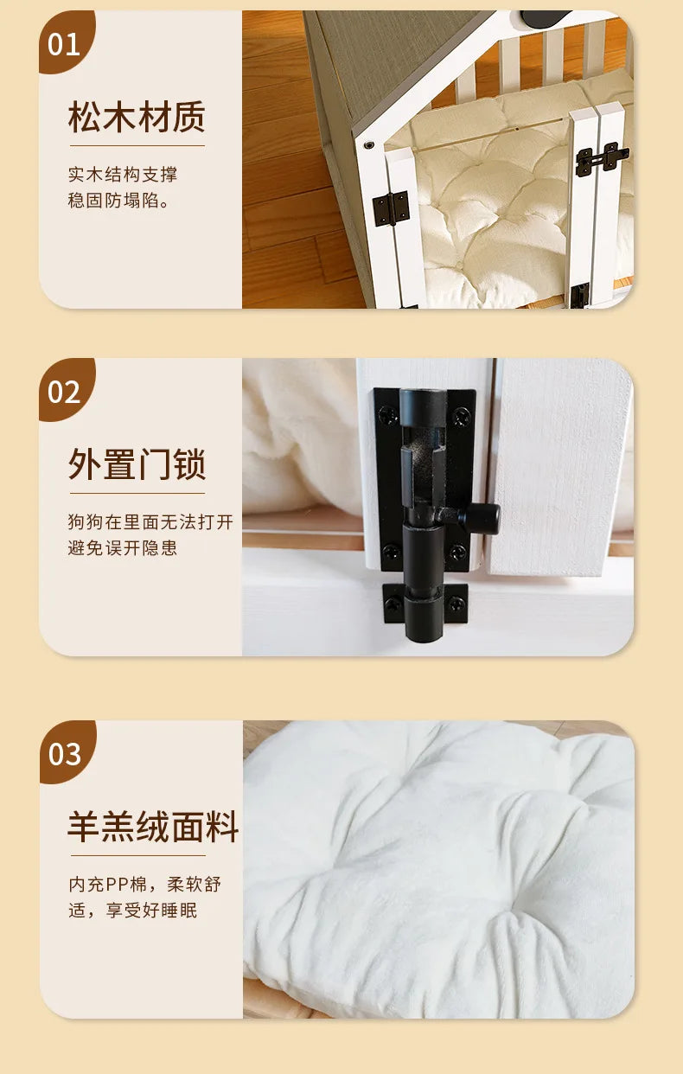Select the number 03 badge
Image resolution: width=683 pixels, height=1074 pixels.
pos(66,753)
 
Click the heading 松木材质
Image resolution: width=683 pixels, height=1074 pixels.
pos(137,117)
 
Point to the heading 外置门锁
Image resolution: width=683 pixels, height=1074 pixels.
pos(137,464)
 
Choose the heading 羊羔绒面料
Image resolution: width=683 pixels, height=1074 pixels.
pos(153,827)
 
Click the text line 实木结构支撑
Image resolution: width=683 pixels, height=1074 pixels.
pos(123,174)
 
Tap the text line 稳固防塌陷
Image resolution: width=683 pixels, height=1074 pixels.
pos(118,201)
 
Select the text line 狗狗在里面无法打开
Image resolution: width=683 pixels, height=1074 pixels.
pos(150,521)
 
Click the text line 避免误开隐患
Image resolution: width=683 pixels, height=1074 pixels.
pos(123,547)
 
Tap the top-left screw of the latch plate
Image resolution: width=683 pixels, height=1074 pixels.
pos(388,413)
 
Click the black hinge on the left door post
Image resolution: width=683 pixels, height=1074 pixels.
pos(391,208)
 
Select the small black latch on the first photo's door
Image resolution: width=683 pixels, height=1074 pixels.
pos(602,158)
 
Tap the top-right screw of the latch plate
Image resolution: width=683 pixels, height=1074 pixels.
pos(462,416)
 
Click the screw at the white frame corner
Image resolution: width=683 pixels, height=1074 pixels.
pos(368,144)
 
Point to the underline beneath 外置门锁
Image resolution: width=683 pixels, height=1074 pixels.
pos(137,493)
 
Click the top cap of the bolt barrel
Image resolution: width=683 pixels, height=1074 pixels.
pos(424,406)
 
